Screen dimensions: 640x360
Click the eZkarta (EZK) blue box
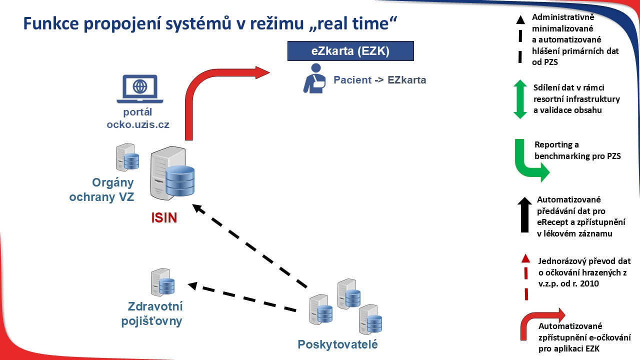[x=350, y=51]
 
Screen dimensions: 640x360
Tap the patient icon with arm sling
[x=314, y=78]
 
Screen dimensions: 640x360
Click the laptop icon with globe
[x=140, y=89]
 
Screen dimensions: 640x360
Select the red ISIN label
[x=164, y=217]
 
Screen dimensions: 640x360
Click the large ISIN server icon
[x=172, y=173]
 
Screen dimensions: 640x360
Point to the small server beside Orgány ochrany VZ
[x=127, y=157]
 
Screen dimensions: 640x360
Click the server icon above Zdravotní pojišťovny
[x=162, y=282]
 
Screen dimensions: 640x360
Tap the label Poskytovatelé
[x=337, y=344]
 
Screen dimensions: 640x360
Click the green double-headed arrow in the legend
[x=520, y=99]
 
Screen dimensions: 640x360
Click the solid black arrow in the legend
[x=524, y=214]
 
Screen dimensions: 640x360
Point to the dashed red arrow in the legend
[x=525, y=277]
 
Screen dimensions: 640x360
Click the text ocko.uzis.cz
[x=138, y=124]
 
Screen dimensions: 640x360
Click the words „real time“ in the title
[x=353, y=23]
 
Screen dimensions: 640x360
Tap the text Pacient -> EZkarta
[x=379, y=80]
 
